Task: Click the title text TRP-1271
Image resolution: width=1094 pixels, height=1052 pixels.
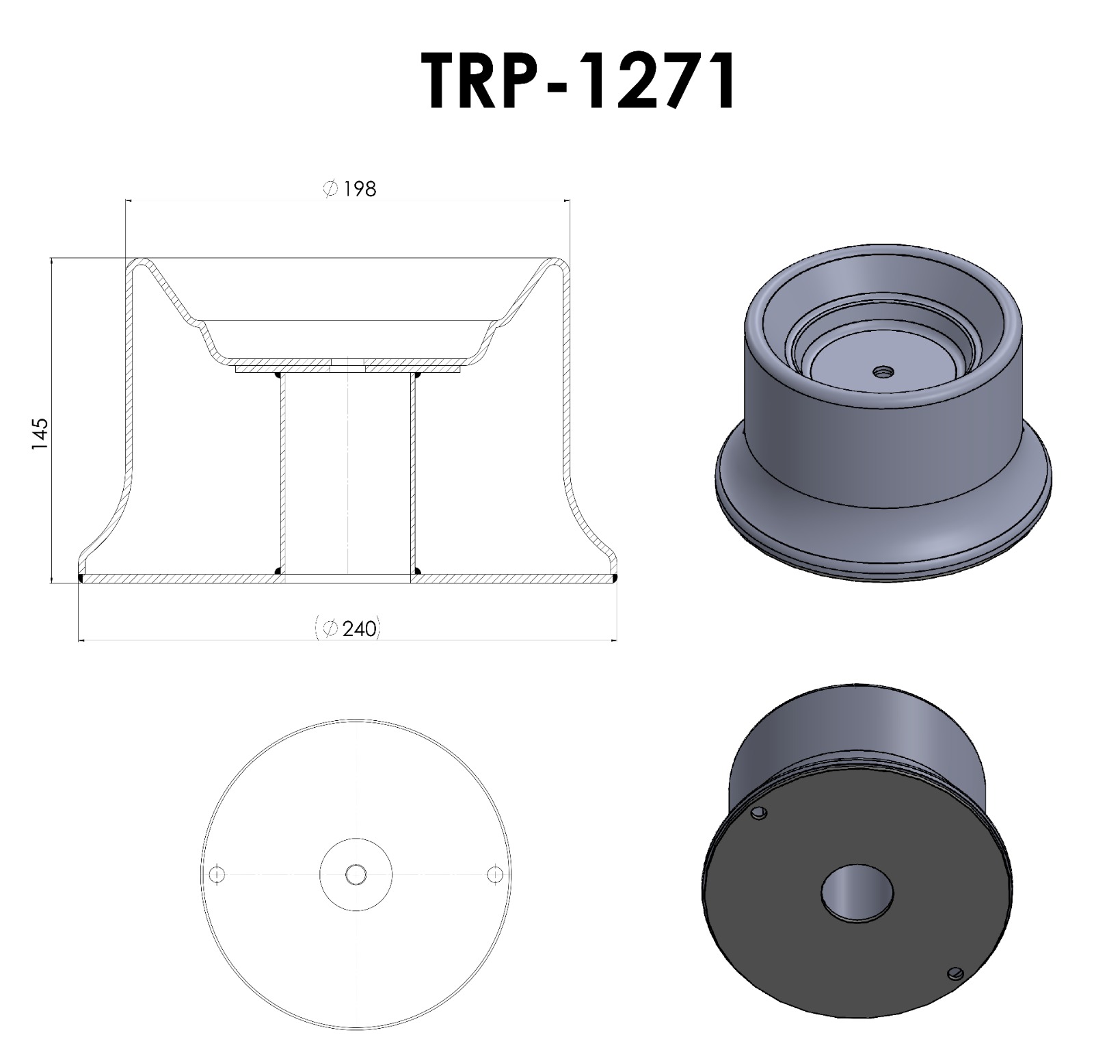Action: pyautogui.click(x=578, y=81)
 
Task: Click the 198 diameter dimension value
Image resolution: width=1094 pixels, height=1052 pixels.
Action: pyautogui.click(x=359, y=189)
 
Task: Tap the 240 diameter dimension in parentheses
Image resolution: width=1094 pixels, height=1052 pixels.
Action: pyautogui.click(x=358, y=629)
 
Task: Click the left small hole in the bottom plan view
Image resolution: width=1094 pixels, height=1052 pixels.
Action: pyautogui.click(x=217, y=874)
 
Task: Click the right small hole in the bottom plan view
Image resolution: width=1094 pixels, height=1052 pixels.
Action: pyautogui.click(x=494, y=874)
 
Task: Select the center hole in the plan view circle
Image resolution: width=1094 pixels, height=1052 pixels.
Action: pyautogui.click(x=356, y=874)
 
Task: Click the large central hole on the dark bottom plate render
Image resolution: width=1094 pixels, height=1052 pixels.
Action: pyautogui.click(x=857, y=893)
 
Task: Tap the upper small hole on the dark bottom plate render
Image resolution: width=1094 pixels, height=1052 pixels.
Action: pyautogui.click(x=759, y=813)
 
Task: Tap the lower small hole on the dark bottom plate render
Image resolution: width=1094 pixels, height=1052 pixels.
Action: pyautogui.click(x=955, y=973)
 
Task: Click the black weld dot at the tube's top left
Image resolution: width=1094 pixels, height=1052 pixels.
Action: pyautogui.click(x=278, y=375)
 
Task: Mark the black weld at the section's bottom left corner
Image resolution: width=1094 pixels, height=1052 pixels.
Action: pyautogui.click(x=81, y=579)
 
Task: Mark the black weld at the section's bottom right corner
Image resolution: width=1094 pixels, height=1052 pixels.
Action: pyautogui.click(x=615, y=579)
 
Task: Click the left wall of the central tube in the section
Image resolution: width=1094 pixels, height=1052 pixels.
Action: pyautogui.click(x=283, y=472)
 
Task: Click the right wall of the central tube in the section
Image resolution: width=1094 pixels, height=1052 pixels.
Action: pyautogui.click(x=412, y=472)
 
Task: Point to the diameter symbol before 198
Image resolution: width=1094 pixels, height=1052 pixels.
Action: pyautogui.click(x=330, y=189)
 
